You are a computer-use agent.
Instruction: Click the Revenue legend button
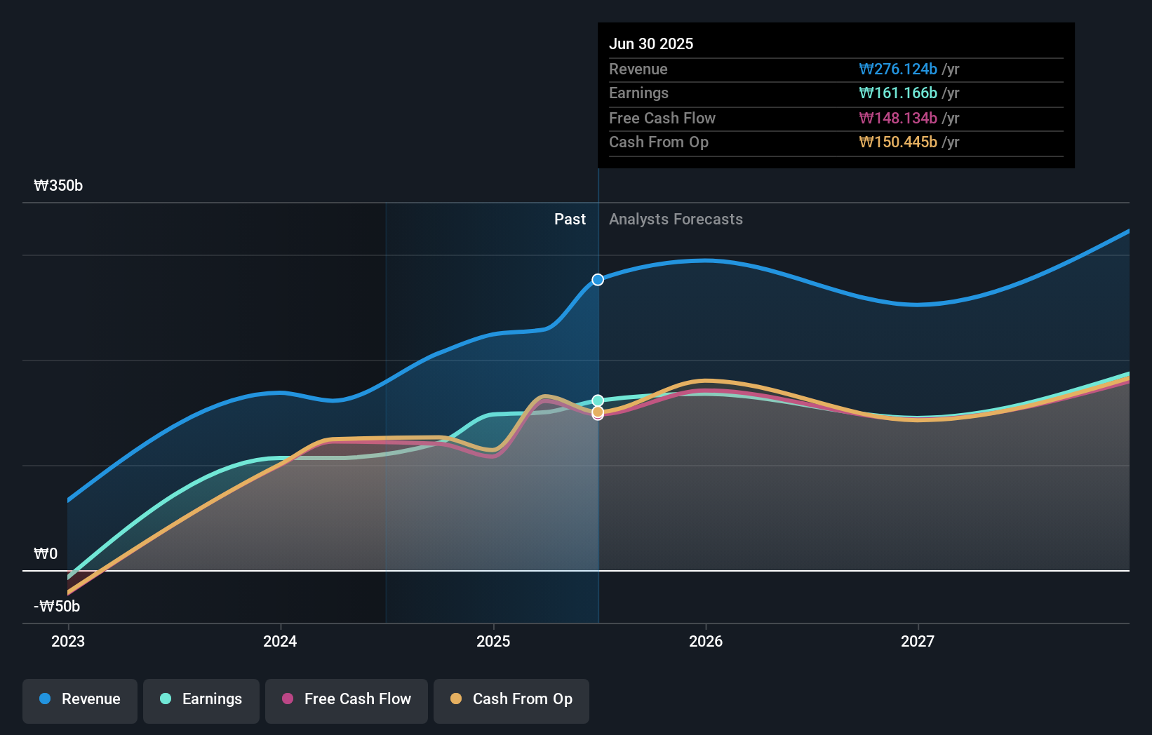(x=80, y=699)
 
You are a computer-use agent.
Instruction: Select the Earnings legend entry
(x=201, y=699)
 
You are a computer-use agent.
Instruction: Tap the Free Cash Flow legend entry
(x=347, y=699)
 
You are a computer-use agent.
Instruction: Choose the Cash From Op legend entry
(x=511, y=699)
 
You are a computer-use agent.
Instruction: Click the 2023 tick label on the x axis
(x=68, y=641)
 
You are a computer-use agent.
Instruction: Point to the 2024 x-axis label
(x=280, y=641)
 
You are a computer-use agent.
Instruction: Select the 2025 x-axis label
(x=493, y=641)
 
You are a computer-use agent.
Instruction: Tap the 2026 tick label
(x=706, y=641)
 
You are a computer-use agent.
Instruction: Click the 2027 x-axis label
(x=918, y=641)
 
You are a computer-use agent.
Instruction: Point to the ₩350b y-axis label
(x=58, y=186)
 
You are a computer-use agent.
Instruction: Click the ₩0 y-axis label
(x=46, y=554)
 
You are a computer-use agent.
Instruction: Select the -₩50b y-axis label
(x=57, y=607)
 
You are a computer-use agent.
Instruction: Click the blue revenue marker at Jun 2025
(x=598, y=280)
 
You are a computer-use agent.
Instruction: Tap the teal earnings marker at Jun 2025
(x=598, y=400)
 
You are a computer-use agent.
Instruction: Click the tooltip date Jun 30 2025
(x=651, y=43)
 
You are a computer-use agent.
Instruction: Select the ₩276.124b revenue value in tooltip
(x=898, y=69)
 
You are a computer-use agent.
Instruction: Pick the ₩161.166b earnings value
(x=898, y=93)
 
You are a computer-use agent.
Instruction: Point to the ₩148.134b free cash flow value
(x=898, y=118)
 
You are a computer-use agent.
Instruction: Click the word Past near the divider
(x=570, y=220)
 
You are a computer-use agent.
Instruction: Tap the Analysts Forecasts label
(x=676, y=220)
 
